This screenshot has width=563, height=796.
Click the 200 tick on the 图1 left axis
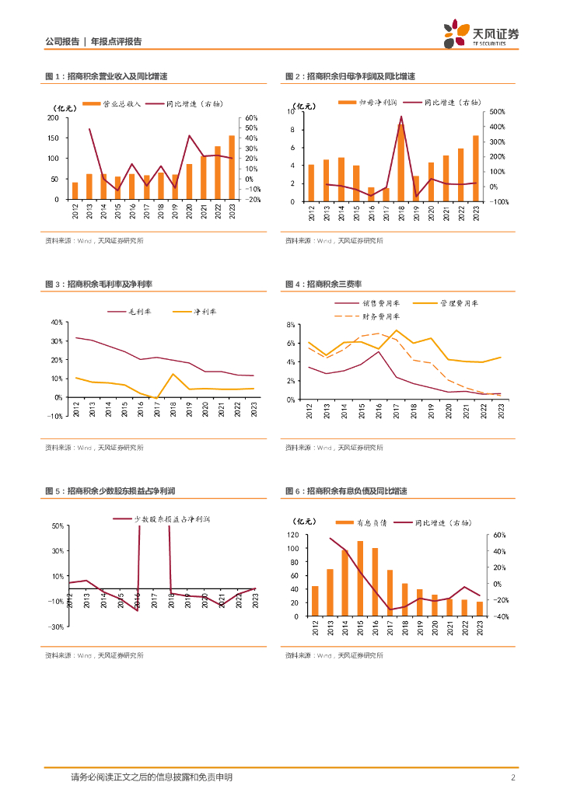click(x=54, y=118)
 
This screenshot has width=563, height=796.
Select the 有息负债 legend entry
click(x=365, y=522)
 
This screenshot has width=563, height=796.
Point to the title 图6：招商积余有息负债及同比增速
click(x=346, y=491)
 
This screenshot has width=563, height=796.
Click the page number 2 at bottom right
click(x=513, y=777)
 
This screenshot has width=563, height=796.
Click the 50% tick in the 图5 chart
click(x=57, y=526)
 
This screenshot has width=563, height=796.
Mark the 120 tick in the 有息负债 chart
click(x=292, y=536)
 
